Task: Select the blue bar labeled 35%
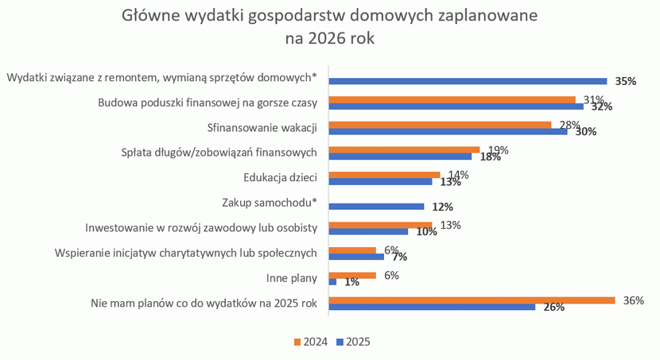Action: click(x=468, y=81)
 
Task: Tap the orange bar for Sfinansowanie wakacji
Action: click(x=440, y=125)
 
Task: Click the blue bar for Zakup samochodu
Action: click(x=376, y=207)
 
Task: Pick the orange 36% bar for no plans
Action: click(x=472, y=300)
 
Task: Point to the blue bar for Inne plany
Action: click(x=332, y=282)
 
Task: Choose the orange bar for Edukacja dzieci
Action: click(x=384, y=175)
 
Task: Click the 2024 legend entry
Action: click(x=310, y=342)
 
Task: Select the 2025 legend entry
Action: click(x=353, y=342)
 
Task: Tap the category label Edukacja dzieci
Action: click(x=280, y=178)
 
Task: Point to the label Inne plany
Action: click(x=292, y=278)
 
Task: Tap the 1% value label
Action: click(x=351, y=282)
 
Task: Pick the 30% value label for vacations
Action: click(x=585, y=132)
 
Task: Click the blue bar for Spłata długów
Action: click(x=400, y=157)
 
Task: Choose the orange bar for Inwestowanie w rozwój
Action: click(x=380, y=225)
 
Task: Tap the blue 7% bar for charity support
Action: click(x=356, y=257)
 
